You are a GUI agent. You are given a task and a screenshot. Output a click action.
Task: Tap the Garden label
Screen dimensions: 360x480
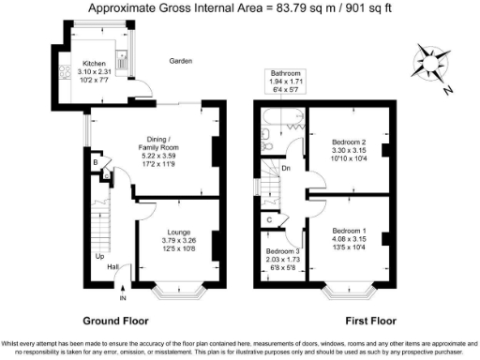tap(181, 61)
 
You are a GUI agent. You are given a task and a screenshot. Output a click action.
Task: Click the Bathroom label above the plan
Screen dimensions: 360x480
tap(286, 72)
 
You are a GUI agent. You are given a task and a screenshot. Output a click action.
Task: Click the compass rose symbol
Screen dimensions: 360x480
tap(429, 62)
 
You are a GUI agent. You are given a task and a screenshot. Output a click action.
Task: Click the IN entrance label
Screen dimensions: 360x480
tap(123, 299)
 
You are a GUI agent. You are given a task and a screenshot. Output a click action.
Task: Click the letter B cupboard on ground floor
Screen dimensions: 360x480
tap(96, 162)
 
